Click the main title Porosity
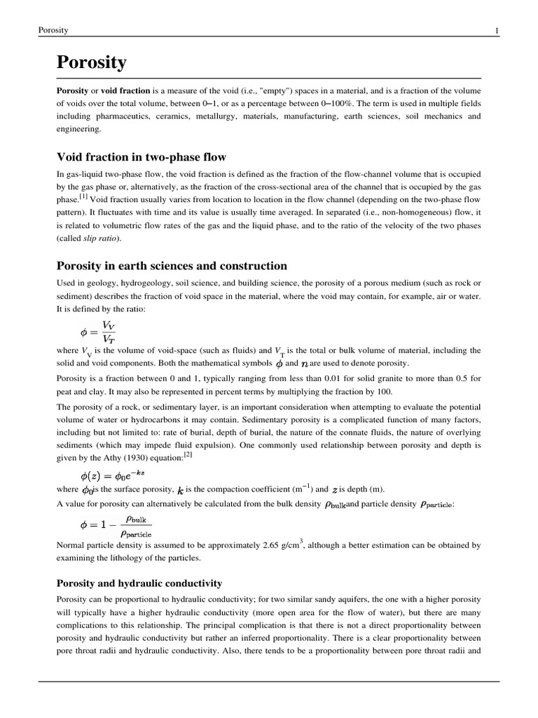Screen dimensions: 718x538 [91, 63]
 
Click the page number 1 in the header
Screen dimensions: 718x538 [497, 30]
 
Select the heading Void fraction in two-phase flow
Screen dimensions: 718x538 [141, 156]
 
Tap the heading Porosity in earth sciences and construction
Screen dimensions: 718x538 [172, 266]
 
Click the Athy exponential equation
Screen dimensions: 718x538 [111, 475]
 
